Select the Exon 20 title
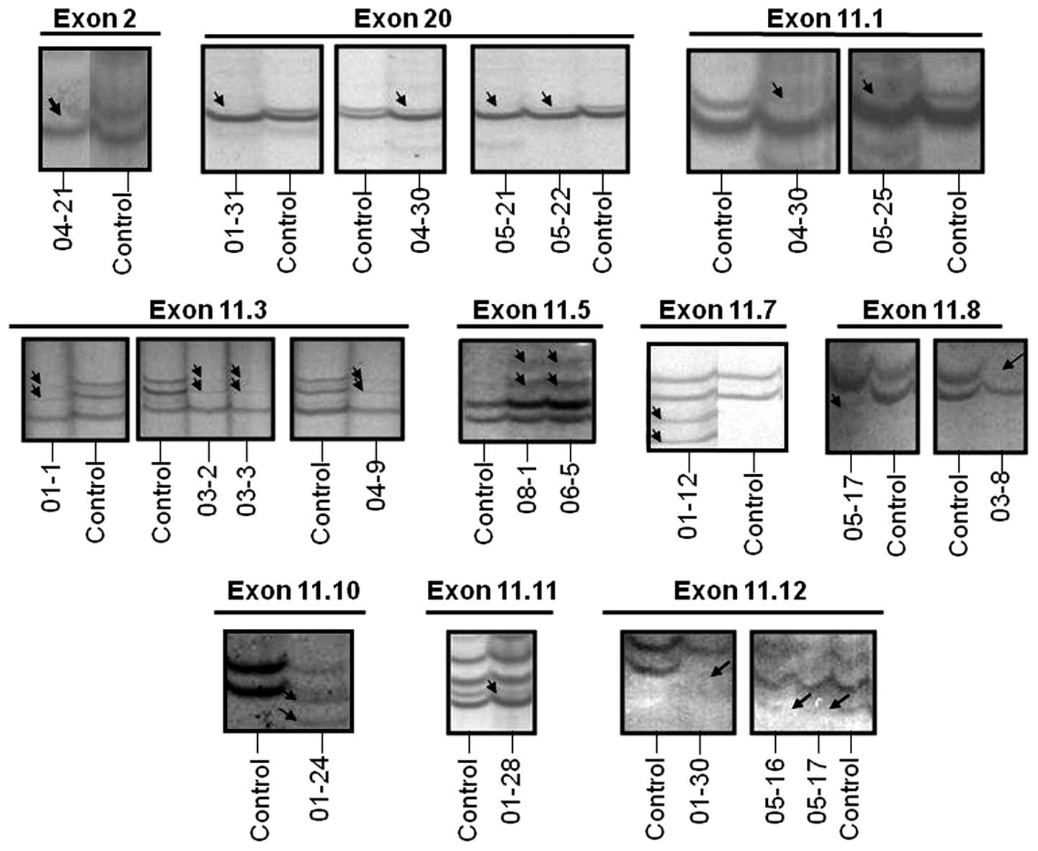(403, 19)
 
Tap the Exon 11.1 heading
(825, 19)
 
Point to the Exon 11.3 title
(207, 310)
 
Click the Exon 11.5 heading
(531, 310)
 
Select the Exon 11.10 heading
(293, 591)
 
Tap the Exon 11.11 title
(491, 591)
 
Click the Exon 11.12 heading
(740, 591)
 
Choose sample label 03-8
(1001, 494)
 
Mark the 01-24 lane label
(321, 787)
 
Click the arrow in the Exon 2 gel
(55, 107)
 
